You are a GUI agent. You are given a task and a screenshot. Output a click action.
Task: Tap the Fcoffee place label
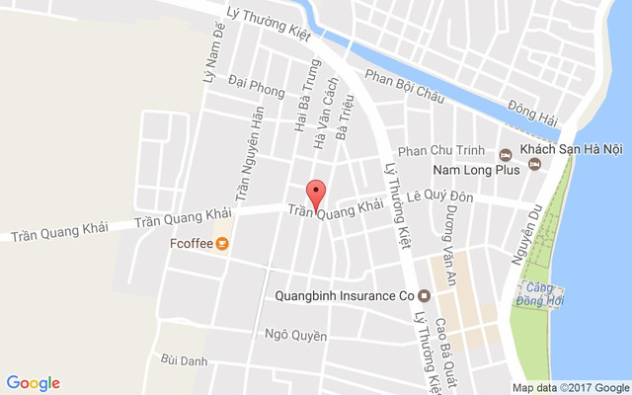click(192, 242)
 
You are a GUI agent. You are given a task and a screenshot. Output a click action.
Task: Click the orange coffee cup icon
click(223, 242)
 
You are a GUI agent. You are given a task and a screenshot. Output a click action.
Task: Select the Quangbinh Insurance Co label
click(344, 294)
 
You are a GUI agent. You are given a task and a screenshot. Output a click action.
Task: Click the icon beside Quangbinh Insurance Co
click(425, 294)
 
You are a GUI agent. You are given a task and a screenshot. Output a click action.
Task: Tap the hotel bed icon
click(506, 153)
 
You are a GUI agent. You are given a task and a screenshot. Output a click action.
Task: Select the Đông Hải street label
click(532, 114)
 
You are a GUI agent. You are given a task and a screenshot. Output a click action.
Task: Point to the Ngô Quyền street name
click(295, 335)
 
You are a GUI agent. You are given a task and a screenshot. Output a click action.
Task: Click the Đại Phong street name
click(255, 89)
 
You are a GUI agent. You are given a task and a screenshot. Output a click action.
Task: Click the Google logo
click(34, 382)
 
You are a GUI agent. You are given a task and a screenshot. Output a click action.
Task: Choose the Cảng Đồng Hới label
click(538, 293)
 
